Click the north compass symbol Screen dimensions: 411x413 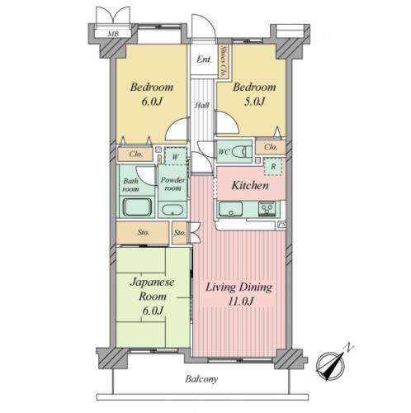[x=332, y=363]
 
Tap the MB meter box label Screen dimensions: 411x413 [x=113, y=34]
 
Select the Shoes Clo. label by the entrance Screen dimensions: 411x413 [x=224, y=61]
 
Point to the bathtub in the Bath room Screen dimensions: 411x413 [x=137, y=207]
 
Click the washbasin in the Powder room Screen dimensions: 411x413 [x=172, y=210]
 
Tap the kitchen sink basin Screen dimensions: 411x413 [x=230, y=209]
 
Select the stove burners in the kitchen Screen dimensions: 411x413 [x=267, y=208]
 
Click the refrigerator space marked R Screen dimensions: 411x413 [x=273, y=166]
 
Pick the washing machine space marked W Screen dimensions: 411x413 [x=176, y=156]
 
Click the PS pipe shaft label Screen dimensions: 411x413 [x=281, y=225]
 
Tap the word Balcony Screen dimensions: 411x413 [x=201, y=379]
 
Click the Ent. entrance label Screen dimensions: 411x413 [x=204, y=59]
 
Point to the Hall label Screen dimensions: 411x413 [x=202, y=105]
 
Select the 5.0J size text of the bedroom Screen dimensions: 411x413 [x=254, y=102]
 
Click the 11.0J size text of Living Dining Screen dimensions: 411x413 [x=241, y=301]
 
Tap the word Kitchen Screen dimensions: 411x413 [x=250, y=185]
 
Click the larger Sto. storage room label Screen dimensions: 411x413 [x=144, y=232]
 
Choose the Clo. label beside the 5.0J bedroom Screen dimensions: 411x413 [x=271, y=147]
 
